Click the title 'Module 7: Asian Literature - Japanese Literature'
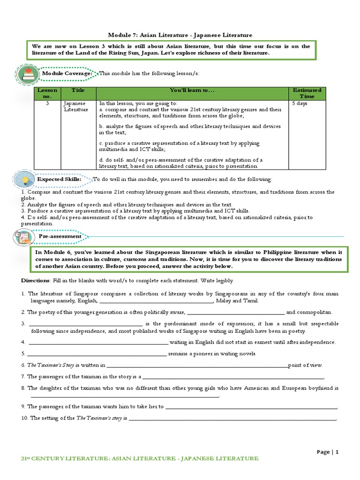tap(180, 35)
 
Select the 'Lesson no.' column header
tap(47, 93)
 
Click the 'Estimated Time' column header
tap(307, 93)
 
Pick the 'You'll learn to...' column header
tap(192, 90)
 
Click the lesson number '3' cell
tap(47, 103)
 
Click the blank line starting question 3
tap(85, 324)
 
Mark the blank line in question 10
tap(232, 418)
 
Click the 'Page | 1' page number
tap(327, 452)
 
